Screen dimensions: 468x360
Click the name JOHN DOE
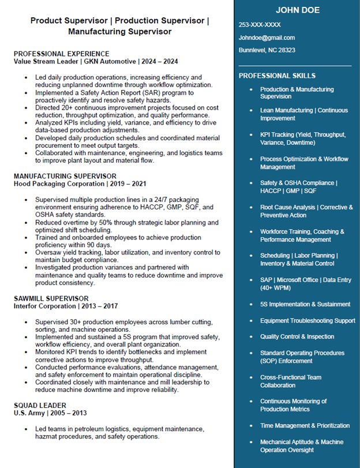click(x=297, y=10)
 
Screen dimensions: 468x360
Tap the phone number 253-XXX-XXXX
click(x=260, y=25)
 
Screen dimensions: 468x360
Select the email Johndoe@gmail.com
click(x=267, y=38)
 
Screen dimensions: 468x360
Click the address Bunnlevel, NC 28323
click(x=267, y=50)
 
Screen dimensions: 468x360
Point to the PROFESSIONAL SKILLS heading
click(x=277, y=76)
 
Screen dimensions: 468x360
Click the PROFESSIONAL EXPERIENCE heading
click(x=61, y=54)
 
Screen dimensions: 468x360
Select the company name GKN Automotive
click(x=111, y=61)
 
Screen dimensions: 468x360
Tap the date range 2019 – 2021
click(x=130, y=184)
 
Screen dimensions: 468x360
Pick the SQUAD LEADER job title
click(x=40, y=406)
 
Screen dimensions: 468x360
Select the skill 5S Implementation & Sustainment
click(x=305, y=304)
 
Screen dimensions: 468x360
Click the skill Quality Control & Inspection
click(x=297, y=336)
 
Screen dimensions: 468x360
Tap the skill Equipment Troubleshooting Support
click(x=307, y=320)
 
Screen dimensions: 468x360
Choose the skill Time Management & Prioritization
click(x=305, y=425)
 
